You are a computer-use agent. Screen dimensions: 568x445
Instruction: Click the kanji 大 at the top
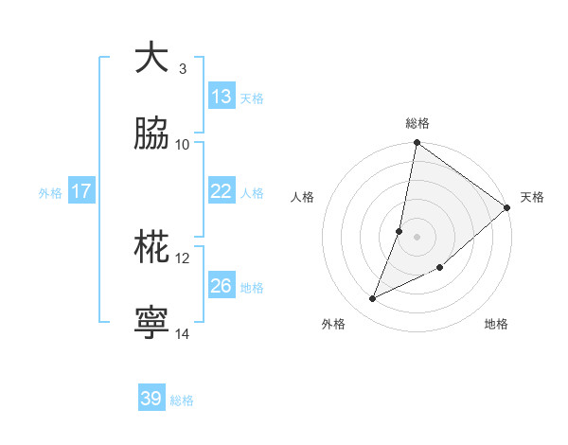(151, 59)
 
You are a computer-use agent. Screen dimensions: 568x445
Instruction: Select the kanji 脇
(151, 134)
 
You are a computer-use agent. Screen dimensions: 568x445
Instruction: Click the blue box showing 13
(222, 97)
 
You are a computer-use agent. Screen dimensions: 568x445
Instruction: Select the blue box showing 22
(222, 191)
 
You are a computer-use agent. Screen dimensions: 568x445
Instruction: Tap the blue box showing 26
(222, 286)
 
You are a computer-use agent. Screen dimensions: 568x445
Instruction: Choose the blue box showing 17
(81, 191)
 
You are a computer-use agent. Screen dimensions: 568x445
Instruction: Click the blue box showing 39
(151, 399)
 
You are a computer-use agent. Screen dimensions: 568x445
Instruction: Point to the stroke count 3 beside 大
(183, 69)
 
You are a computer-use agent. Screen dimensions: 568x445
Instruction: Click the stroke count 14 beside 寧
(183, 334)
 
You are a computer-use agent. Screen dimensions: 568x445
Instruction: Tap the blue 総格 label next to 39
(182, 400)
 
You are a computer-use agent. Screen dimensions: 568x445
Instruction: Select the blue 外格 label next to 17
(50, 193)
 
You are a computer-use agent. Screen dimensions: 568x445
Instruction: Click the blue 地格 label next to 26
(252, 288)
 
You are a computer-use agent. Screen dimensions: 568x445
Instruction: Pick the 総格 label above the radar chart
(417, 123)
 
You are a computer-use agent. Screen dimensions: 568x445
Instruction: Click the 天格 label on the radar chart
(532, 197)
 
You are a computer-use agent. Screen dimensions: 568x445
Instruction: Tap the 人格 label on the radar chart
(303, 197)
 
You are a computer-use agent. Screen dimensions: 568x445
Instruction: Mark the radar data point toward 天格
(507, 207)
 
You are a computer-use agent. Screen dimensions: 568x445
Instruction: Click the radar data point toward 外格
(373, 299)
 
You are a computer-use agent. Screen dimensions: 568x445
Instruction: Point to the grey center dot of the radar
(417, 236)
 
